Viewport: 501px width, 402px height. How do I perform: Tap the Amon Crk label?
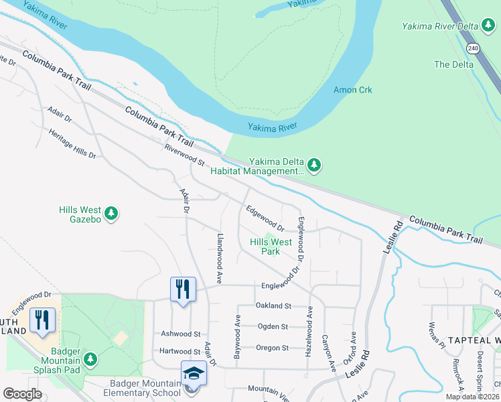coord(352,90)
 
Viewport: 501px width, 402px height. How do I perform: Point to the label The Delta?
coord(453,64)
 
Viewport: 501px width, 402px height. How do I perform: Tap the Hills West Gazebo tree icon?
coord(111,214)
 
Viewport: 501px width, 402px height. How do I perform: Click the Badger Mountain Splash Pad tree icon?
coord(90,359)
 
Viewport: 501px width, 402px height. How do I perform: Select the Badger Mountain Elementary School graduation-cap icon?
coord(194,373)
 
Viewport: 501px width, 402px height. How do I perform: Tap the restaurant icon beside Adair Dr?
coord(183,289)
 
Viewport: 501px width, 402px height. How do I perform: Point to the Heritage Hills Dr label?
coord(72,143)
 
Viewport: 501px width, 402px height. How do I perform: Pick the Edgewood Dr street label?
coord(265,218)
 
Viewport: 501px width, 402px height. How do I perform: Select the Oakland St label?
coord(273,306)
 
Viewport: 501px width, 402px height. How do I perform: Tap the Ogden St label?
coord(273,326)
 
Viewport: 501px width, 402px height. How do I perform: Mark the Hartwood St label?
coord(180,351)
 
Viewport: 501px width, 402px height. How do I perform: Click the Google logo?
coord(23,393)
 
